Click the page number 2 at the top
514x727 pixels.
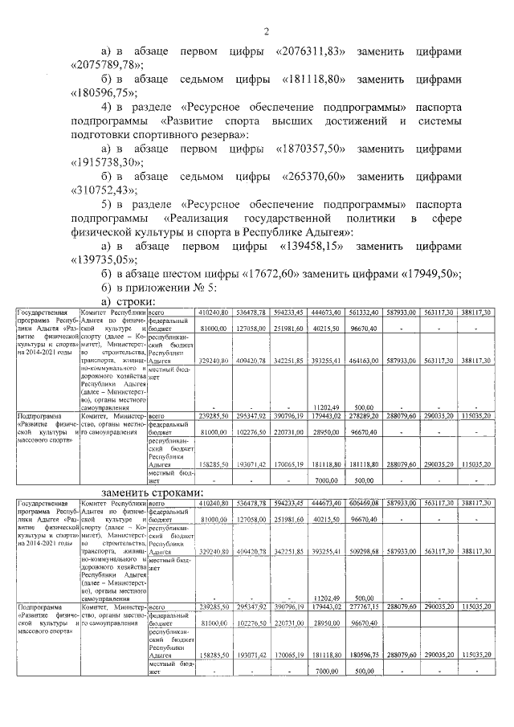click(265, 32)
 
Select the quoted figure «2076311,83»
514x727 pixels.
click(310, 51)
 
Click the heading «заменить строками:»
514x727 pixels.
click(153, 491)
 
